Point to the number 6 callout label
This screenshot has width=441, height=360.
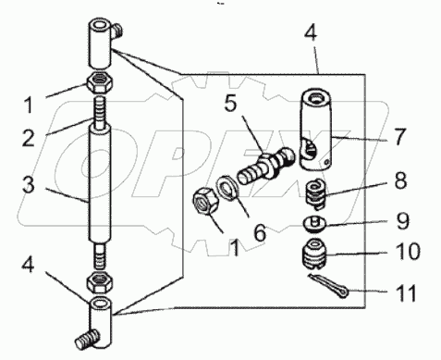coord(259,233)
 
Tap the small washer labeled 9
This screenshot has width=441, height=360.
coord(318,223)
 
